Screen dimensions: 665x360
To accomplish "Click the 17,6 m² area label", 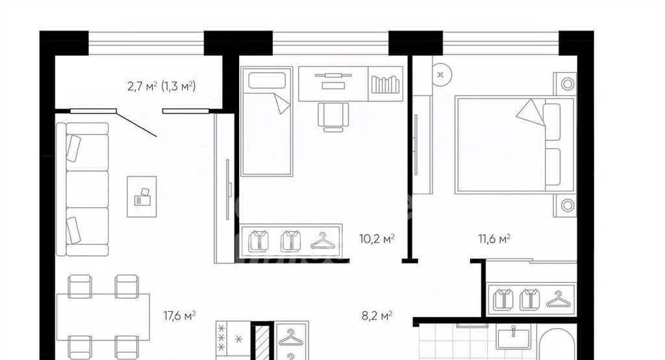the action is tap(179, 315).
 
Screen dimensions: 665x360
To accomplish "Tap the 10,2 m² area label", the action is tap(377, 238).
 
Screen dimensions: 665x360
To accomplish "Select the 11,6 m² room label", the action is tap(494, 238).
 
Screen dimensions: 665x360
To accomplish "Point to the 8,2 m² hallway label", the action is tap(377, 315).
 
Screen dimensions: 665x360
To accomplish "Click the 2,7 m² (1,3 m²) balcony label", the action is tap(162, 86).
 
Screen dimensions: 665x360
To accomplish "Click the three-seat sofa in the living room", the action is tap(82, 189).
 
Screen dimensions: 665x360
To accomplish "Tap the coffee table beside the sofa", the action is tap(142, 196).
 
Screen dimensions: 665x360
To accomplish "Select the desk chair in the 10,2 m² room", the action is tap(333, 116).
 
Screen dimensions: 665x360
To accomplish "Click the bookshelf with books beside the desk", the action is tap(385, 84).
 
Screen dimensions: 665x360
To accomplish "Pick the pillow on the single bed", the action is tap(267, 81).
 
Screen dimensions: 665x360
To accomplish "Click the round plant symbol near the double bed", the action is tap(442, 75).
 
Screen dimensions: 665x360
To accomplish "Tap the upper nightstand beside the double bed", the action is tap(566, 84).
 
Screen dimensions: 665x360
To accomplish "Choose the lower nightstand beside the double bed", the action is tap(566, 205).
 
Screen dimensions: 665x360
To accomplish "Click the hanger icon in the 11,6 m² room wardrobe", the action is tap(558, 300).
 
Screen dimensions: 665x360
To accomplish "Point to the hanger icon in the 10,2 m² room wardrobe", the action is tap(323, 240).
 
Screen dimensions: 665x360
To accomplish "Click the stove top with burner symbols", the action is tap(233, 339).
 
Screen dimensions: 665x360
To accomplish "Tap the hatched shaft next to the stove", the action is tap(262, 341).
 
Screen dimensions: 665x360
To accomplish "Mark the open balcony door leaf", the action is tap(136, 124).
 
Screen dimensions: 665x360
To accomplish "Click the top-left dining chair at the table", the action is tap(80, 286).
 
